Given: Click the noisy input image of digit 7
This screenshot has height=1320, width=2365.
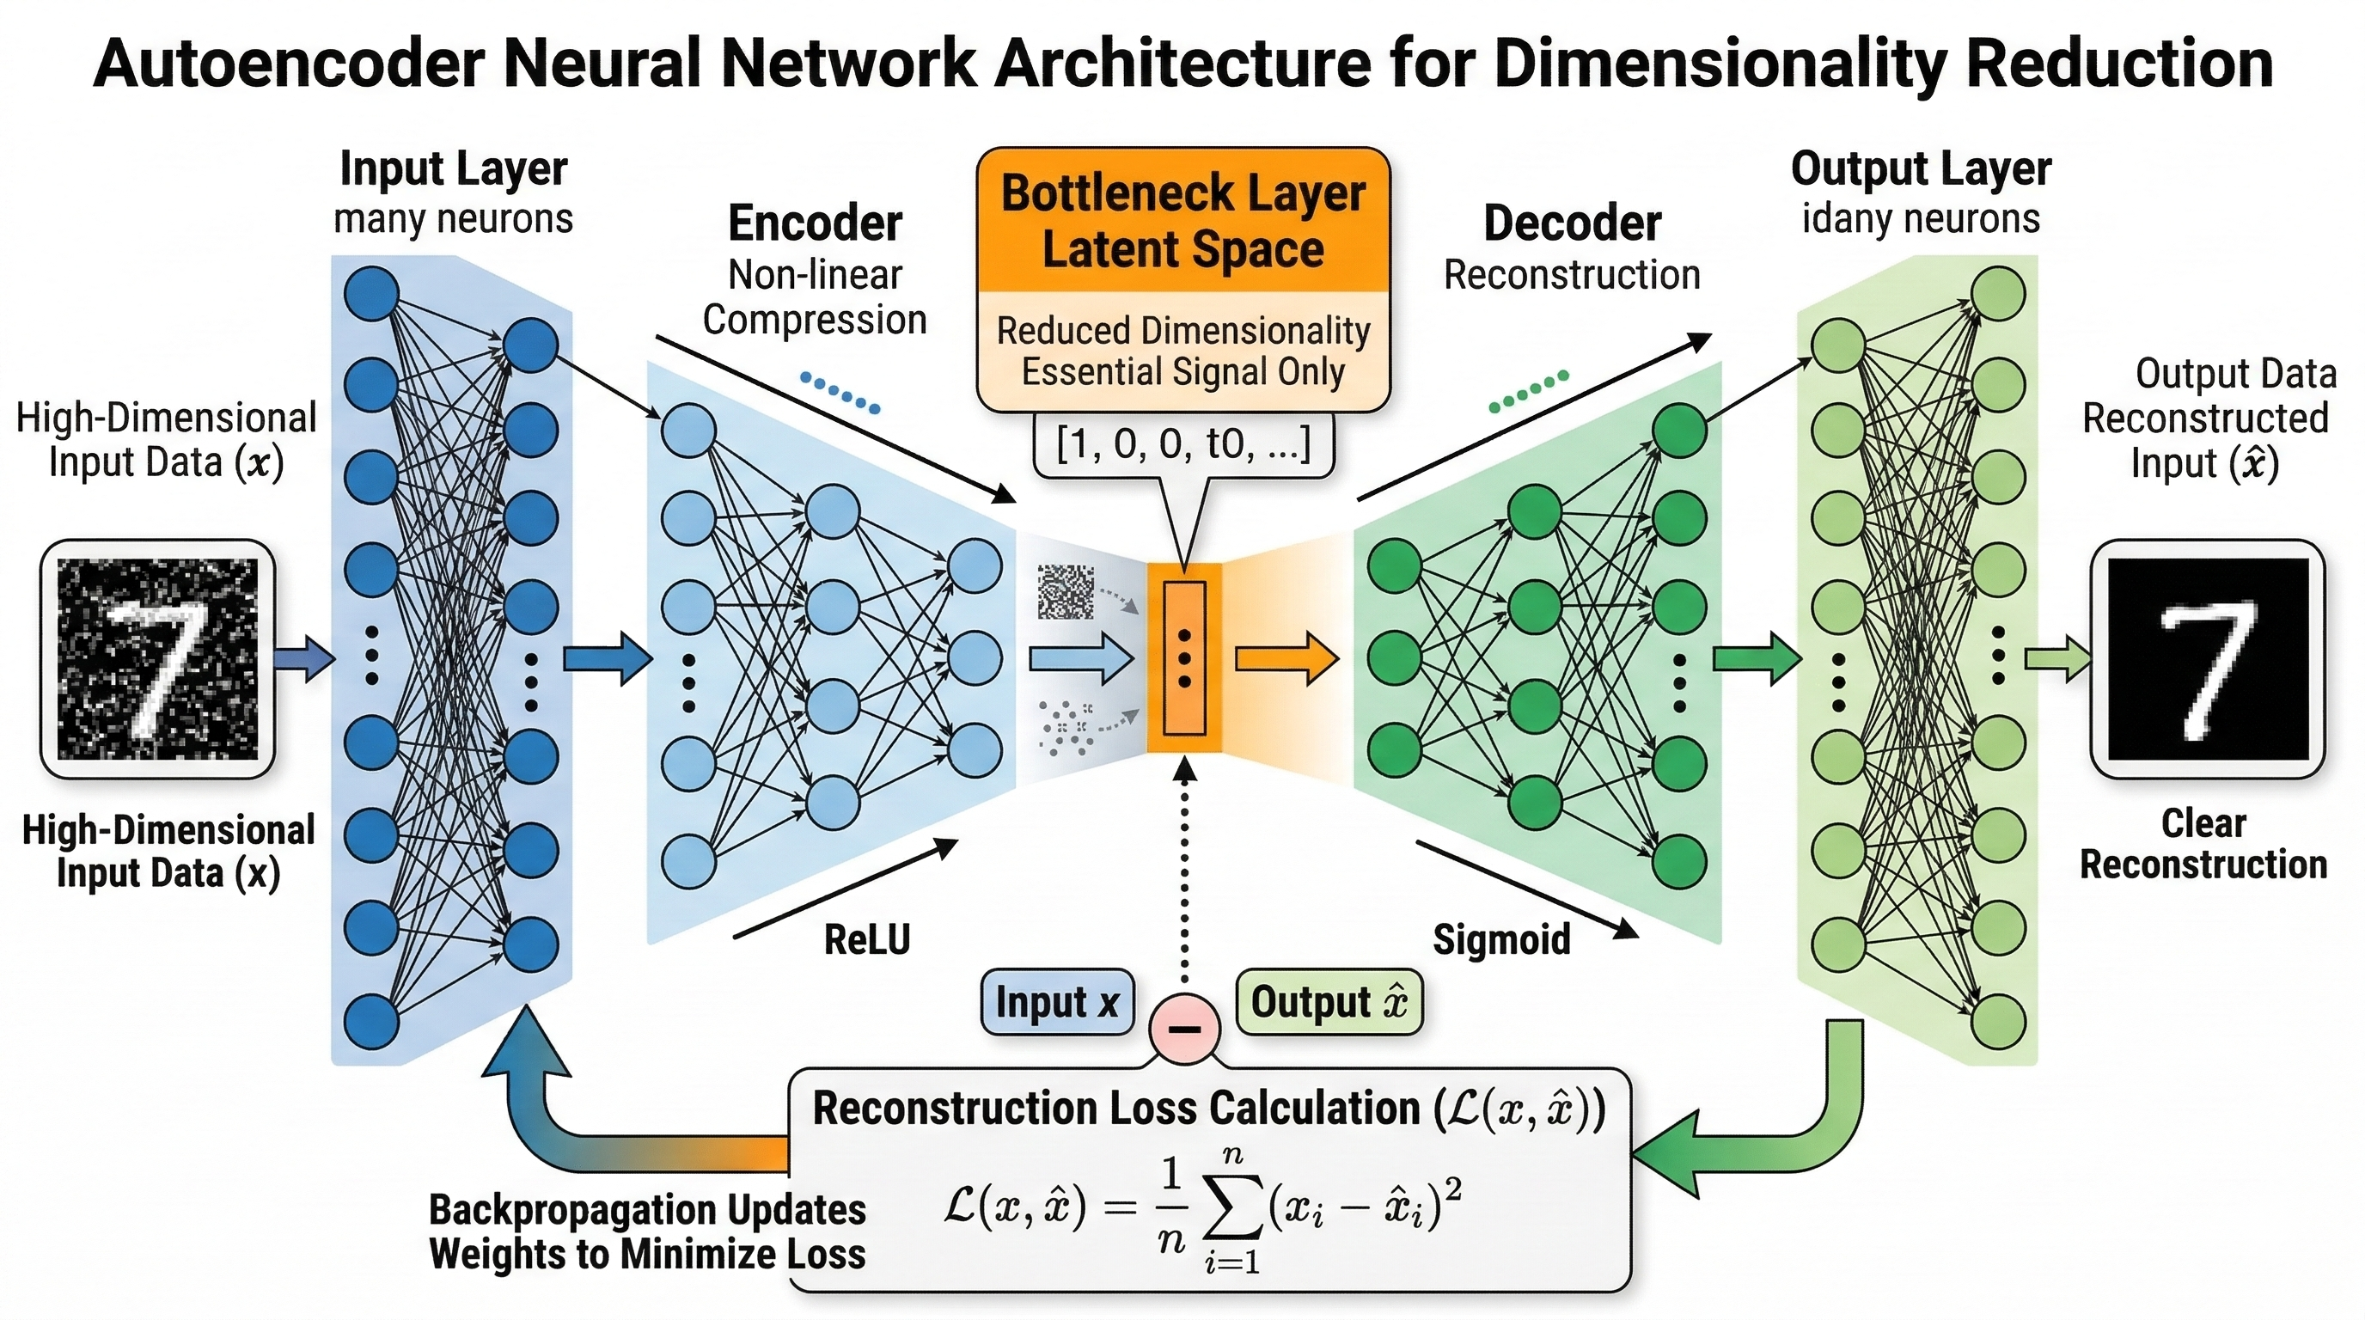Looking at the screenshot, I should point(158,659).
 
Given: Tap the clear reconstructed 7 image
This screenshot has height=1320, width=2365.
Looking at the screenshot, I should point(2207,659).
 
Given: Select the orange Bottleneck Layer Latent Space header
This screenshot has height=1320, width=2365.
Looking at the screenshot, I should point(1182,221).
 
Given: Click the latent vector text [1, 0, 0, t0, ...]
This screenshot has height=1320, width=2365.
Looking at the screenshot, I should point(1182,444).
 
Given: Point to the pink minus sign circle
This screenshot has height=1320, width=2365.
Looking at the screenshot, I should point(1184,1028).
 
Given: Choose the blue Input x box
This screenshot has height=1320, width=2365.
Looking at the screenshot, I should point(1057,1002).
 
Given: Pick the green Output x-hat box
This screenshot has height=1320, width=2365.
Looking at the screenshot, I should point(1329,1002).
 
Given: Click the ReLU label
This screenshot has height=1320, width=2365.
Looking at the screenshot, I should point(866,940).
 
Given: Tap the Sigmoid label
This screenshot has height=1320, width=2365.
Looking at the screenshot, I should point(1501,940).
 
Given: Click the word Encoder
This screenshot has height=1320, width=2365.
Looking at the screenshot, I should point(815,223).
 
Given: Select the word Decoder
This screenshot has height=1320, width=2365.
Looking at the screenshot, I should point(1572,223).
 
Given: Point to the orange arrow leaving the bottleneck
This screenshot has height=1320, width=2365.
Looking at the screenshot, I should point(1286,659).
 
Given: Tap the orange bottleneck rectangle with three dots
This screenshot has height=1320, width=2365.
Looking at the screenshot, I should point(1184,659).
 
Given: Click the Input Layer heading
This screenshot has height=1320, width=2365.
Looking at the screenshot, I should point(454,169).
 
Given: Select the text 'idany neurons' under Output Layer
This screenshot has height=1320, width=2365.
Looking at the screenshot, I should point(1921,219).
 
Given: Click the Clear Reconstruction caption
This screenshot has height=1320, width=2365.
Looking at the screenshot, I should point(2203,844).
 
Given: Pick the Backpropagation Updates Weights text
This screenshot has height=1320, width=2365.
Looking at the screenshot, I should point(647,1231).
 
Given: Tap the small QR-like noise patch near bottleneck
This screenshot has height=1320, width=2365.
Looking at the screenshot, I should point(1066,592).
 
